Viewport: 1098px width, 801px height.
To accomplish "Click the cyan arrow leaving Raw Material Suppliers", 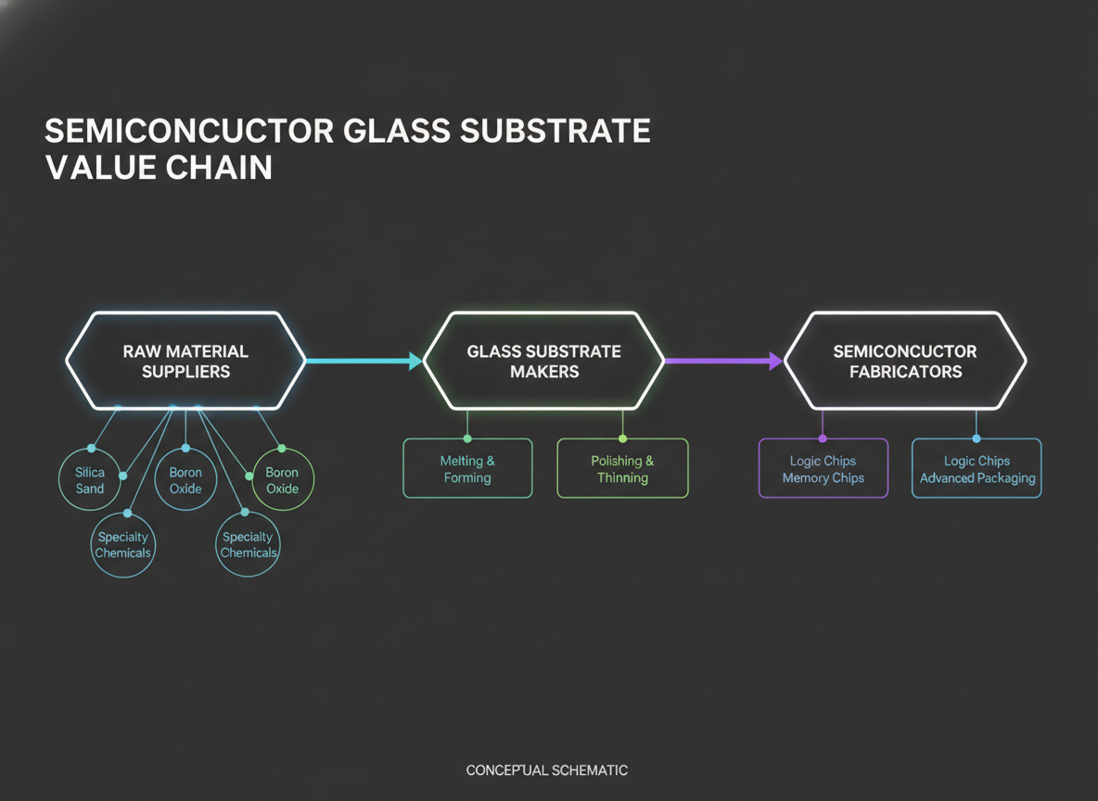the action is [x=364, y=362].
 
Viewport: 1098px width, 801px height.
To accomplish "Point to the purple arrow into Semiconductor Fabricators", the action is [x=723, y=362].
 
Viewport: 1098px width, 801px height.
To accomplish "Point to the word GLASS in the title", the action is [x=397, y=131].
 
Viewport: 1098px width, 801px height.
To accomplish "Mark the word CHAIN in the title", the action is [x=219, y=168].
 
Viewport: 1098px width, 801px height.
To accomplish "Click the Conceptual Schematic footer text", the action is [x=547, y=770].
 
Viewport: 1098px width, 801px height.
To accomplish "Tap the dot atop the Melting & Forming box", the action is [x=467, y=439].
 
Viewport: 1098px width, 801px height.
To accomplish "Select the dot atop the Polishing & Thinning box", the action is [x=622, y=439].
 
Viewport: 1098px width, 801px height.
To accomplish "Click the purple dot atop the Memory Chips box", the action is [x=823, y=439].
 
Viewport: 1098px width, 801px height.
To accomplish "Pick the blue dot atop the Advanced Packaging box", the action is [x=977, y=439].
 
